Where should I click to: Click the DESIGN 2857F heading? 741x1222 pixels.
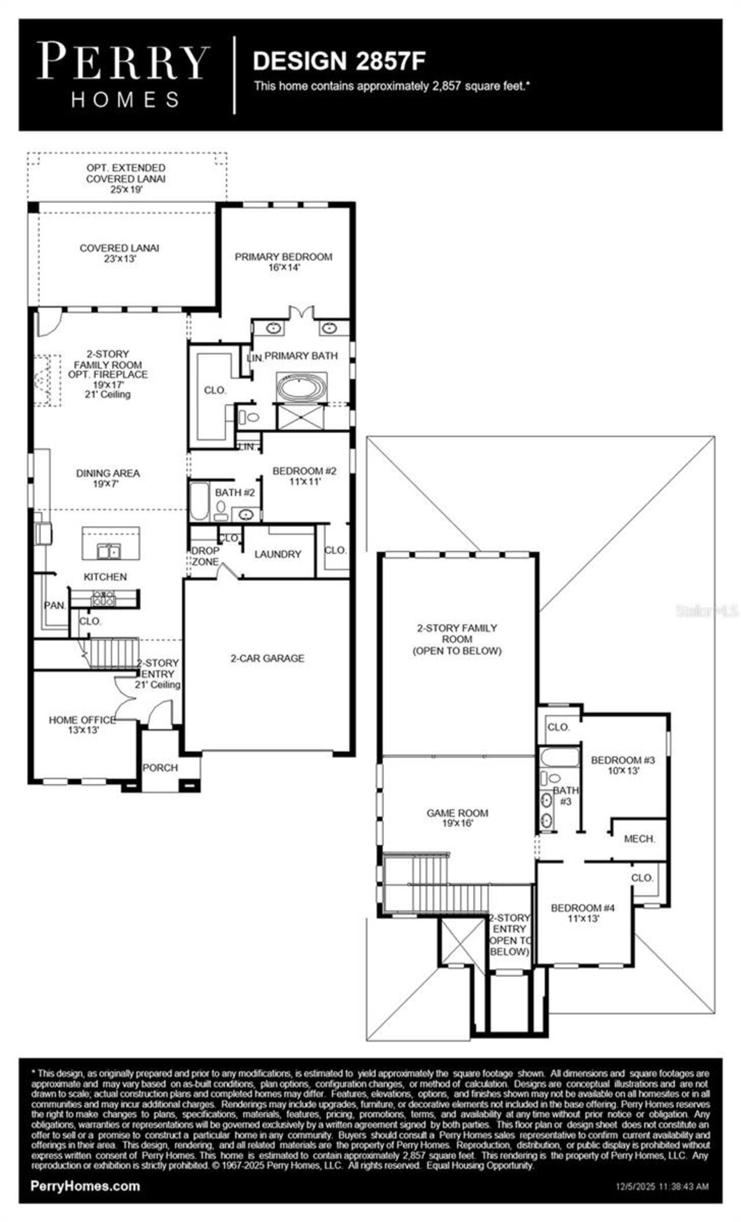[339, 60]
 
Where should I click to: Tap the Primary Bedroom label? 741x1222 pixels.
[283, 261]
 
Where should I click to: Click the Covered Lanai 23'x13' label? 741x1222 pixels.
[119, 253]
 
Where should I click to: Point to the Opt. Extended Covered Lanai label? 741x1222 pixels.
[126, 178]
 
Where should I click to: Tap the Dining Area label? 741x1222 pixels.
[108, 478]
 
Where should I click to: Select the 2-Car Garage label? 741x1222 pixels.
[267, 658]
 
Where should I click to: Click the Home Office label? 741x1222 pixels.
[82, 725]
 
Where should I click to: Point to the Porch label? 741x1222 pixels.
[160, 767]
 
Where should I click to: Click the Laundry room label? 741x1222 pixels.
[278, 554]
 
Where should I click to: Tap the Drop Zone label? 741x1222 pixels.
[205, 555]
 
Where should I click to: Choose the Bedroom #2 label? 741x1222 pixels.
[304, 475]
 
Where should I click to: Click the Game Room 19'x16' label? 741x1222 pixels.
[457, 817]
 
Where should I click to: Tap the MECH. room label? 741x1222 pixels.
[639, 838]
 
